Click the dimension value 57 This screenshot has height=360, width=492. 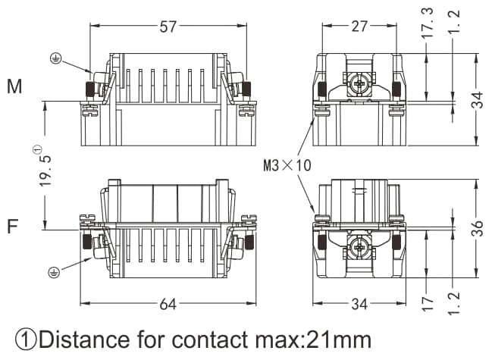coord(168,27)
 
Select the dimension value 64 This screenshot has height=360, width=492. coord(168,305)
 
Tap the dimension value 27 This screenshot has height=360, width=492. coord(359,27)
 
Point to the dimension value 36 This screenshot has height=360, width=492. coord(476,229)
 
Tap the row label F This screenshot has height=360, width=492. coord(13,227)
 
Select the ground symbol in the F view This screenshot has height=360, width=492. coord(54,271)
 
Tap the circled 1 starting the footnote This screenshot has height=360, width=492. coord(27,340)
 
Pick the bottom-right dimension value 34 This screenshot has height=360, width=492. coord(359,305)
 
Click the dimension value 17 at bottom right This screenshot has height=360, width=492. coord(429,304)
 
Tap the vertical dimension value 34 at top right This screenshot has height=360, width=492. coord(476,99)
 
